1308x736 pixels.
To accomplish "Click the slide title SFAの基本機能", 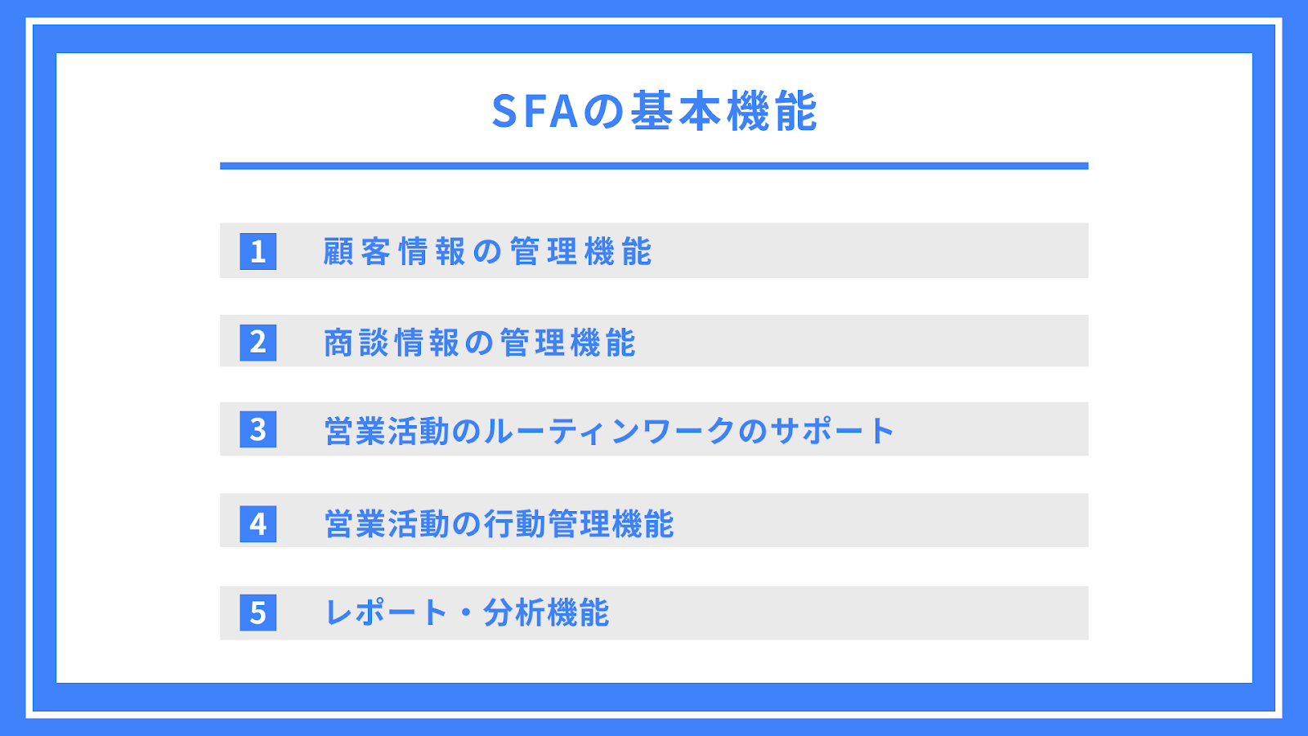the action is click(x=655, y=111).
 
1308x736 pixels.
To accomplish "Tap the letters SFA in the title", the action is click(x=535, y=111).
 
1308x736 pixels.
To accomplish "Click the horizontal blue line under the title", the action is click(x=654, y=166).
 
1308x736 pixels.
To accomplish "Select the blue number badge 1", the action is click(x=258, y=251).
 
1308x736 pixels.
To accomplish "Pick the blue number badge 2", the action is click(x=258, y=343).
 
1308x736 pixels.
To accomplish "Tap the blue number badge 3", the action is click(x=258, y=429).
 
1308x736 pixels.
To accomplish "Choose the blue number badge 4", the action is click(x=258, y=524).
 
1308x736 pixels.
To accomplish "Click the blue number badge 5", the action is click(x=258, y=613).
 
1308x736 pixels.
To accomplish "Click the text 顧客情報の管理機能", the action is click(x=487, y=252).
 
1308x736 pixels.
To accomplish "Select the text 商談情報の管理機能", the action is click(x=479, y=343).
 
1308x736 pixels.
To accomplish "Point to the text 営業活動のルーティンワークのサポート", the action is click(x=609, y=431).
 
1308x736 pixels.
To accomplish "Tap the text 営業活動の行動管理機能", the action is click(x=499, y=523).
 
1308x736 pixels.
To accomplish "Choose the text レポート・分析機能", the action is click(x=467, y=613).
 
